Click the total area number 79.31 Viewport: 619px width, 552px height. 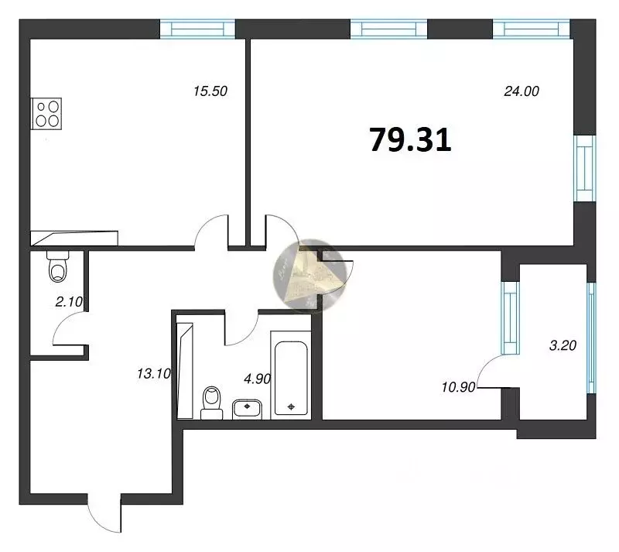click(x=410, y=140)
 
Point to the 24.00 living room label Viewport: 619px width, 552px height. click(x=520, y=91)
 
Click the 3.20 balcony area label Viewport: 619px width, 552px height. click(x=564, y=347)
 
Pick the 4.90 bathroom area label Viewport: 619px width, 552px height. click(x=258, y=379)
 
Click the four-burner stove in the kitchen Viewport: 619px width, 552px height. click(x=46, y=113)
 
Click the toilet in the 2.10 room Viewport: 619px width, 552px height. click(x=57, y=268)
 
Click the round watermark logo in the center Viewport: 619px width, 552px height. click(x=308, y=275)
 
